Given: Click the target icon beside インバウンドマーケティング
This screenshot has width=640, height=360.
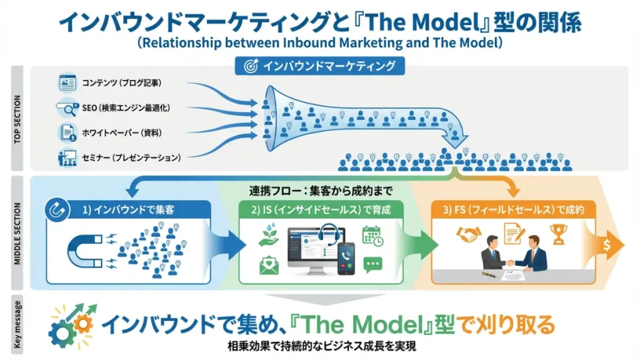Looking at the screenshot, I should point(251,65).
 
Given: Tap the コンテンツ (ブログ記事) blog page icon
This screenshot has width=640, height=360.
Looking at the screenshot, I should point(67,82).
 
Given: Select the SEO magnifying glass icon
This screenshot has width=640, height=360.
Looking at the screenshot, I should point(66,107).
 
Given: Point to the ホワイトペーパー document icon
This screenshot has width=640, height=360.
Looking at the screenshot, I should point(67,132).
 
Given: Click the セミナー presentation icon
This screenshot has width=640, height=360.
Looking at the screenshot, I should point(67,157).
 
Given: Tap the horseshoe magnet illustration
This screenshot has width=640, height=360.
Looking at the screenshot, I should point(87,251).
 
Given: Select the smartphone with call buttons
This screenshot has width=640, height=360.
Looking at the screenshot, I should point(346,258).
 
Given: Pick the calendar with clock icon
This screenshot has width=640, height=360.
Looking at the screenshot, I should point(372,236).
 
